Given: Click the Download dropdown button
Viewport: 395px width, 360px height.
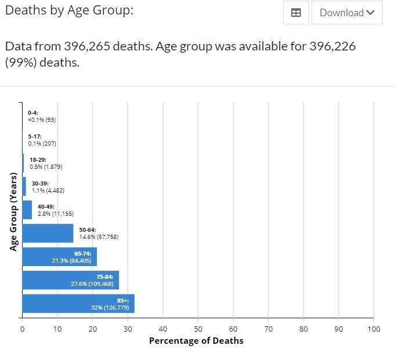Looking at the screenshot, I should pos(347,13).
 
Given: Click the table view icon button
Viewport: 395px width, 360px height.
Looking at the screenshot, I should pos(296,13).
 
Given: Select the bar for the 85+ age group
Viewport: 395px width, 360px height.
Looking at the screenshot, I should pos(78,303).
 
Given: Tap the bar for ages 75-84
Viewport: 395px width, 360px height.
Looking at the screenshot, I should pos(70,280).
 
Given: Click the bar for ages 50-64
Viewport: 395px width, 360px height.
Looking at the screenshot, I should pos(48,233).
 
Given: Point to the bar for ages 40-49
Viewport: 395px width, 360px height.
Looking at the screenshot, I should pos(27,210).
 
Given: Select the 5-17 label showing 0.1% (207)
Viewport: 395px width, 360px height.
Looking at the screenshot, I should pos(42,140).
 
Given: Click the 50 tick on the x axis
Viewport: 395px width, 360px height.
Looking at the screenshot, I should pos(198,329).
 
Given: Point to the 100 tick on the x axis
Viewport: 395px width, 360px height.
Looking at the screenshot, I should pos(374,329).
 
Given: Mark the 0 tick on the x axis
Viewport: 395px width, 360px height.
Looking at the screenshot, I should pos(22,329).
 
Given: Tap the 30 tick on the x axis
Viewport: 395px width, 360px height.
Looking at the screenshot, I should pos(128,329).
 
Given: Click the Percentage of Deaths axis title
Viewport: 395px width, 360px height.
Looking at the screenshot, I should pos(196,341).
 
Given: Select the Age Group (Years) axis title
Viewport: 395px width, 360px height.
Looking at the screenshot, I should pos(13,212).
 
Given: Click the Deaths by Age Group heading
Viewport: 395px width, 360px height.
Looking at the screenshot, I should pos(69,10).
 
